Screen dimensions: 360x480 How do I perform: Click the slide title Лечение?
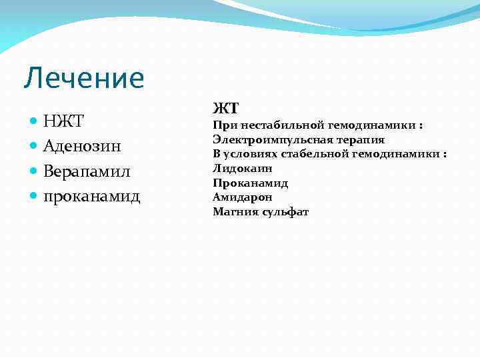click(83, 79)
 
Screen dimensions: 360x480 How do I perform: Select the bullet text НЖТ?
click(63, 121)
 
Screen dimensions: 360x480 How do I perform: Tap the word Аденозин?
click(82, 146)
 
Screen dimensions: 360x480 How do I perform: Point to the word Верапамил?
click(86, 171)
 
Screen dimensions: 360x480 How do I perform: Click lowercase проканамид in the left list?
click(91, 197)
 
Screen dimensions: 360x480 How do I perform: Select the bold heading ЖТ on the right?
click(225, 109)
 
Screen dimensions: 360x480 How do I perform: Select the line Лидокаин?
click(242, 169)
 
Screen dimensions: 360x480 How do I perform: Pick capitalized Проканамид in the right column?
click(250, 183)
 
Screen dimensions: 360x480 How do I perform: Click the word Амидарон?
click(242, 197)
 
